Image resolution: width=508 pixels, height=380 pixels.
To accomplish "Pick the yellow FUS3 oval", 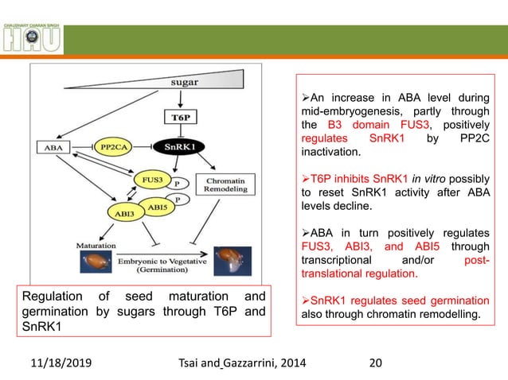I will pyautogui.click(x=149, y=180).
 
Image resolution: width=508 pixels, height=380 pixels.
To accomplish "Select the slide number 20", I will pyautogui.click(x=373, y=363).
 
